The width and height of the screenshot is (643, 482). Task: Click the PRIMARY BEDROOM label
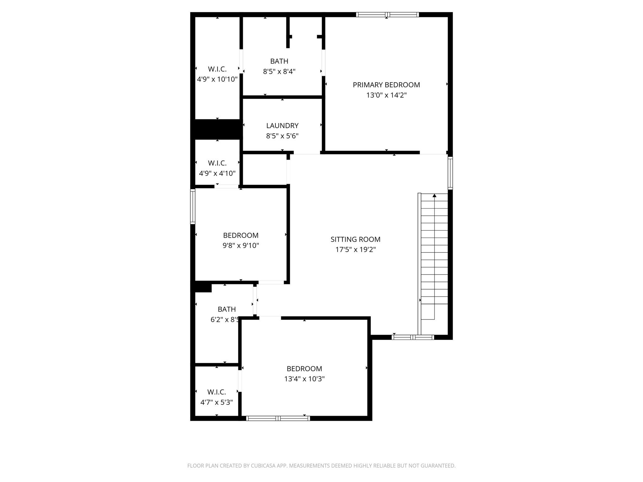pos(386,85)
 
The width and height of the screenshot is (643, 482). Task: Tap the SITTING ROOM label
pos(355,239)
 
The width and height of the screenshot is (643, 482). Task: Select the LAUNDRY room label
pos(282,126)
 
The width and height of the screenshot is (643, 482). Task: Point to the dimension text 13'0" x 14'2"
pos(386,95)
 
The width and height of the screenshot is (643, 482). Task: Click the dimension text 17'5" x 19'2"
pos(355,250)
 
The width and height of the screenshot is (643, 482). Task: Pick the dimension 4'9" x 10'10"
pos(217,79)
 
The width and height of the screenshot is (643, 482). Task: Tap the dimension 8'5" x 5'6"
pos(282,136)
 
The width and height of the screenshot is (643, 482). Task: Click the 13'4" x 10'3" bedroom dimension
pos(304,379)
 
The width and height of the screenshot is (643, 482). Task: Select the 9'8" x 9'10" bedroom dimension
pos(241,246)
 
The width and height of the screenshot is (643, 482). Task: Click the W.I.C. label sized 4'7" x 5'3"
pos(216,392)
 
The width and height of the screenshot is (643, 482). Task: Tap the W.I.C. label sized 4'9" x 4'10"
pos(217,163)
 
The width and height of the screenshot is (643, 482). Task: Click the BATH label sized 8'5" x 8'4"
pos(279,61)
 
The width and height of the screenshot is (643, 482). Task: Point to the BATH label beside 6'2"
pos(227,309)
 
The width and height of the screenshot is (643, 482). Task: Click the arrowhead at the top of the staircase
pos(435,196)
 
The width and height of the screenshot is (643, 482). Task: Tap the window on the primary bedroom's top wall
pos(387,14)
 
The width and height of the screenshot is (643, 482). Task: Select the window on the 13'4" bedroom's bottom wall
pos(278,418)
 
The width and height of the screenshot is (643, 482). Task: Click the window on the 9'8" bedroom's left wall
pos(193,206)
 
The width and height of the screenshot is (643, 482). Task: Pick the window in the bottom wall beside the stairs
pos(413,337)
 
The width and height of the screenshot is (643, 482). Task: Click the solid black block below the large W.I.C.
pos(217,129)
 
